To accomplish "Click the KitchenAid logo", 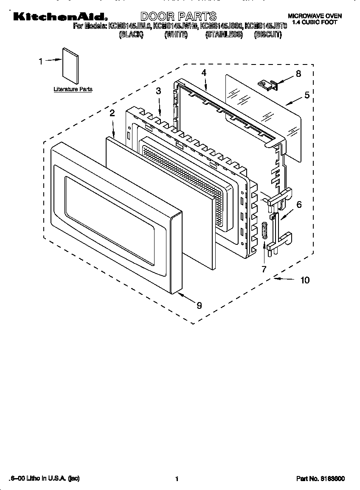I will pos(59,17).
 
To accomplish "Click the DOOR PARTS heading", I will pos(178,17).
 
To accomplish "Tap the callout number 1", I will pos(41,62).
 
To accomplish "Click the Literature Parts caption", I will pos(73,90).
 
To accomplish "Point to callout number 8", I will pos(298,73).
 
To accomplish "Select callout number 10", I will pos(304,280).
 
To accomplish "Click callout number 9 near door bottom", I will pos(199,305).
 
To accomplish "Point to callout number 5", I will pos(307,95).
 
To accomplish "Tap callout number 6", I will pos(299,204).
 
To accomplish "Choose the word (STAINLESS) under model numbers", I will pos(224,35).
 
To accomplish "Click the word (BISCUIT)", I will pos(267,35).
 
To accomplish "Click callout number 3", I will pos(158,91).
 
